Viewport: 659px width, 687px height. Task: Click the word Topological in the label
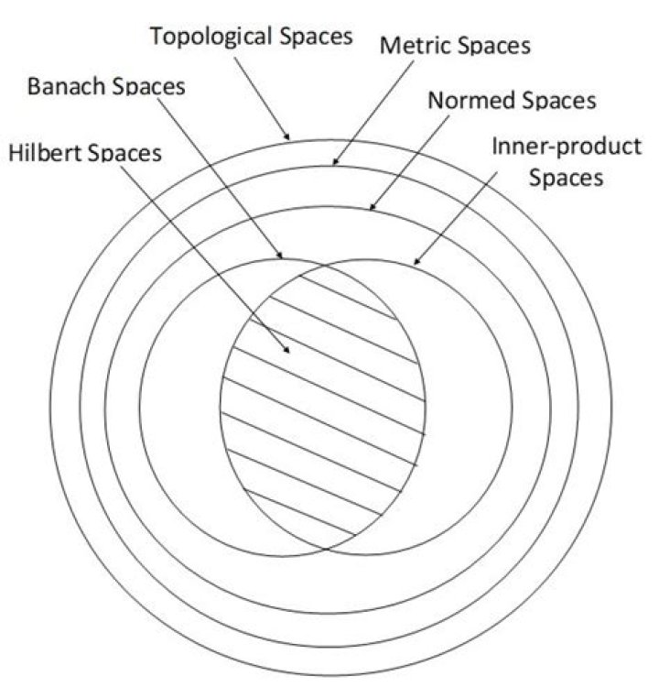click(200, 38)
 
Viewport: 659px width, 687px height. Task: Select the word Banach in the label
click(70, 87)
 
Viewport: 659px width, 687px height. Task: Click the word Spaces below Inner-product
click(567, 177)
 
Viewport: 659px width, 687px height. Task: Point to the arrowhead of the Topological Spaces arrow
click(289, 138)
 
